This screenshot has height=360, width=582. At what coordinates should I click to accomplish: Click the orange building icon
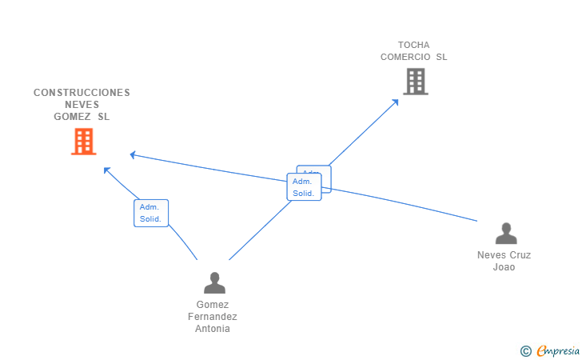(x=83, y=142)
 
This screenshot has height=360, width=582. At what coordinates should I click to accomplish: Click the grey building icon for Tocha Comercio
(x=415, y=81)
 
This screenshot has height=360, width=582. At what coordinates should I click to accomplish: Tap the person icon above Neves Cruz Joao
(x=505, y=234)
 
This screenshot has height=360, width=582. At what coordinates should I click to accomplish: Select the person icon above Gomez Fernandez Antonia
(x=214, y=282)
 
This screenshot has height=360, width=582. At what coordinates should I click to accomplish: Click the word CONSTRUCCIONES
(x=82, y=93)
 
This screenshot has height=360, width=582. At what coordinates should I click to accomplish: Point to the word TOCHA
(x=413, y=45)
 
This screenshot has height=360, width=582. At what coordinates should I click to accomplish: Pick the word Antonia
(x=213, y=329)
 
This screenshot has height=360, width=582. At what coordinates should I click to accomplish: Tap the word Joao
(x=504, y=267)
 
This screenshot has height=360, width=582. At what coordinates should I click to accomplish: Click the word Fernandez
(x=213, y=317)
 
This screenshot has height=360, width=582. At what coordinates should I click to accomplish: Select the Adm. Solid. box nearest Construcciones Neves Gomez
(x=151, y=213)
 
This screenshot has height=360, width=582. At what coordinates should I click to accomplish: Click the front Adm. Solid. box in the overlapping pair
(x=304, y=187)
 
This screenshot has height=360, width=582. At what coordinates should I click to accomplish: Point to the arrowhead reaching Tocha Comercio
(x=396, y=101)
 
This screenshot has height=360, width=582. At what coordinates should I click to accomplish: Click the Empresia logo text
(x=558, y=350)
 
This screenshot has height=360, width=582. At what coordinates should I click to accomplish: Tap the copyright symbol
(x=525, y=350)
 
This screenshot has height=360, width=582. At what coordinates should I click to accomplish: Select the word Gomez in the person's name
(x=213, y=305)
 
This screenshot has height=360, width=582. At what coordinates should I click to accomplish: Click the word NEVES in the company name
(x=82, y=105)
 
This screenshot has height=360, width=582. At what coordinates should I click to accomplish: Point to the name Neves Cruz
(x=504, y=255)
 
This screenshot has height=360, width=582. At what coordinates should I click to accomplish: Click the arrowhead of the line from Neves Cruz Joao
(x=133, y=154)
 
